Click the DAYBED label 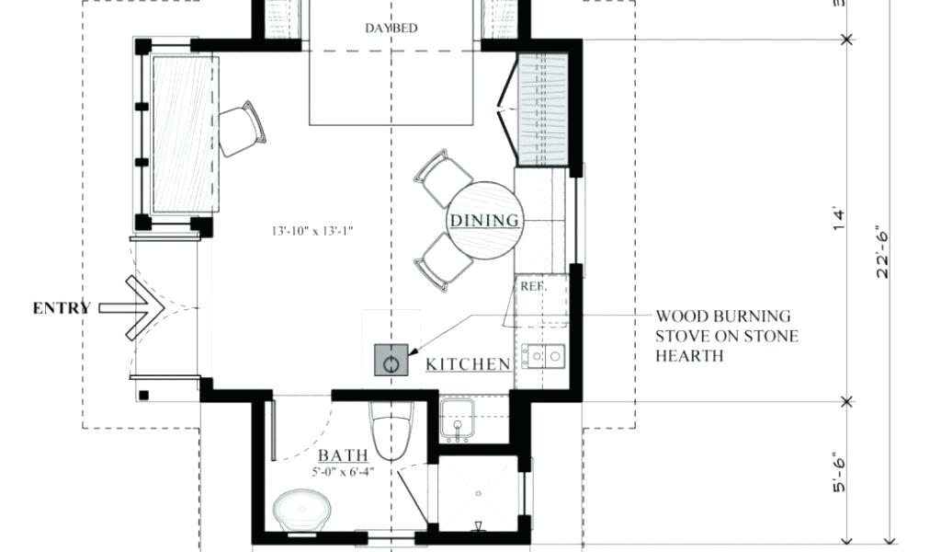(x=391, y=29)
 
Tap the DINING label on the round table (x=484, y=221)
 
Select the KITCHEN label (x=468, y=364)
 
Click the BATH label (x=343, y=455)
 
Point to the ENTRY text (x=62, y=308)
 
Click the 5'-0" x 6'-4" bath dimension (x=343, y=472)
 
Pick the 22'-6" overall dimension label (x=883, y=252)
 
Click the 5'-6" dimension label (x=839, y=472)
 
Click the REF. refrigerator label (x=532, y=286)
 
